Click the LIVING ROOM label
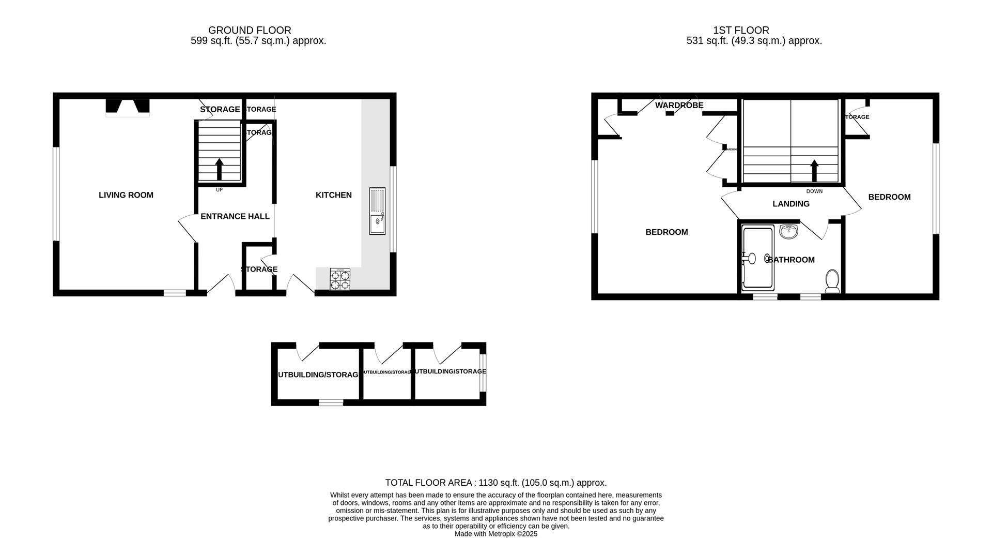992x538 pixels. coord(126,195)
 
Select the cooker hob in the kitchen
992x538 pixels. coord(340,279)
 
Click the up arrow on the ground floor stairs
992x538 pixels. coord(219,169)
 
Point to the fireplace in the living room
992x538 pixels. coord(128,107)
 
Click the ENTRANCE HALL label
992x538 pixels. coord(235,216)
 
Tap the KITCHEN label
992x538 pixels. coord(334,195)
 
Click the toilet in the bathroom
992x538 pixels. coord(832,280)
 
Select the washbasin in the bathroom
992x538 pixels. coord(789,232)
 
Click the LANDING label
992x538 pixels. coord(791,204)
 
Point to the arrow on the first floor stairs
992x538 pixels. coord(814,170)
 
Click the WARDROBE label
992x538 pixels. coord(679,106)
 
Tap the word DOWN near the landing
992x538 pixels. coord(814,191)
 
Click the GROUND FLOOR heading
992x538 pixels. coord(250,31)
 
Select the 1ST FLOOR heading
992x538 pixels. coord(741,31)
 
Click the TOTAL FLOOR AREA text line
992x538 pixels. coord(496,483)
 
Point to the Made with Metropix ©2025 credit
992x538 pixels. coord(496,534)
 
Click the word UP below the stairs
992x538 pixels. coord(219,190)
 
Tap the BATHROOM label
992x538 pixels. coord(791,260)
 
